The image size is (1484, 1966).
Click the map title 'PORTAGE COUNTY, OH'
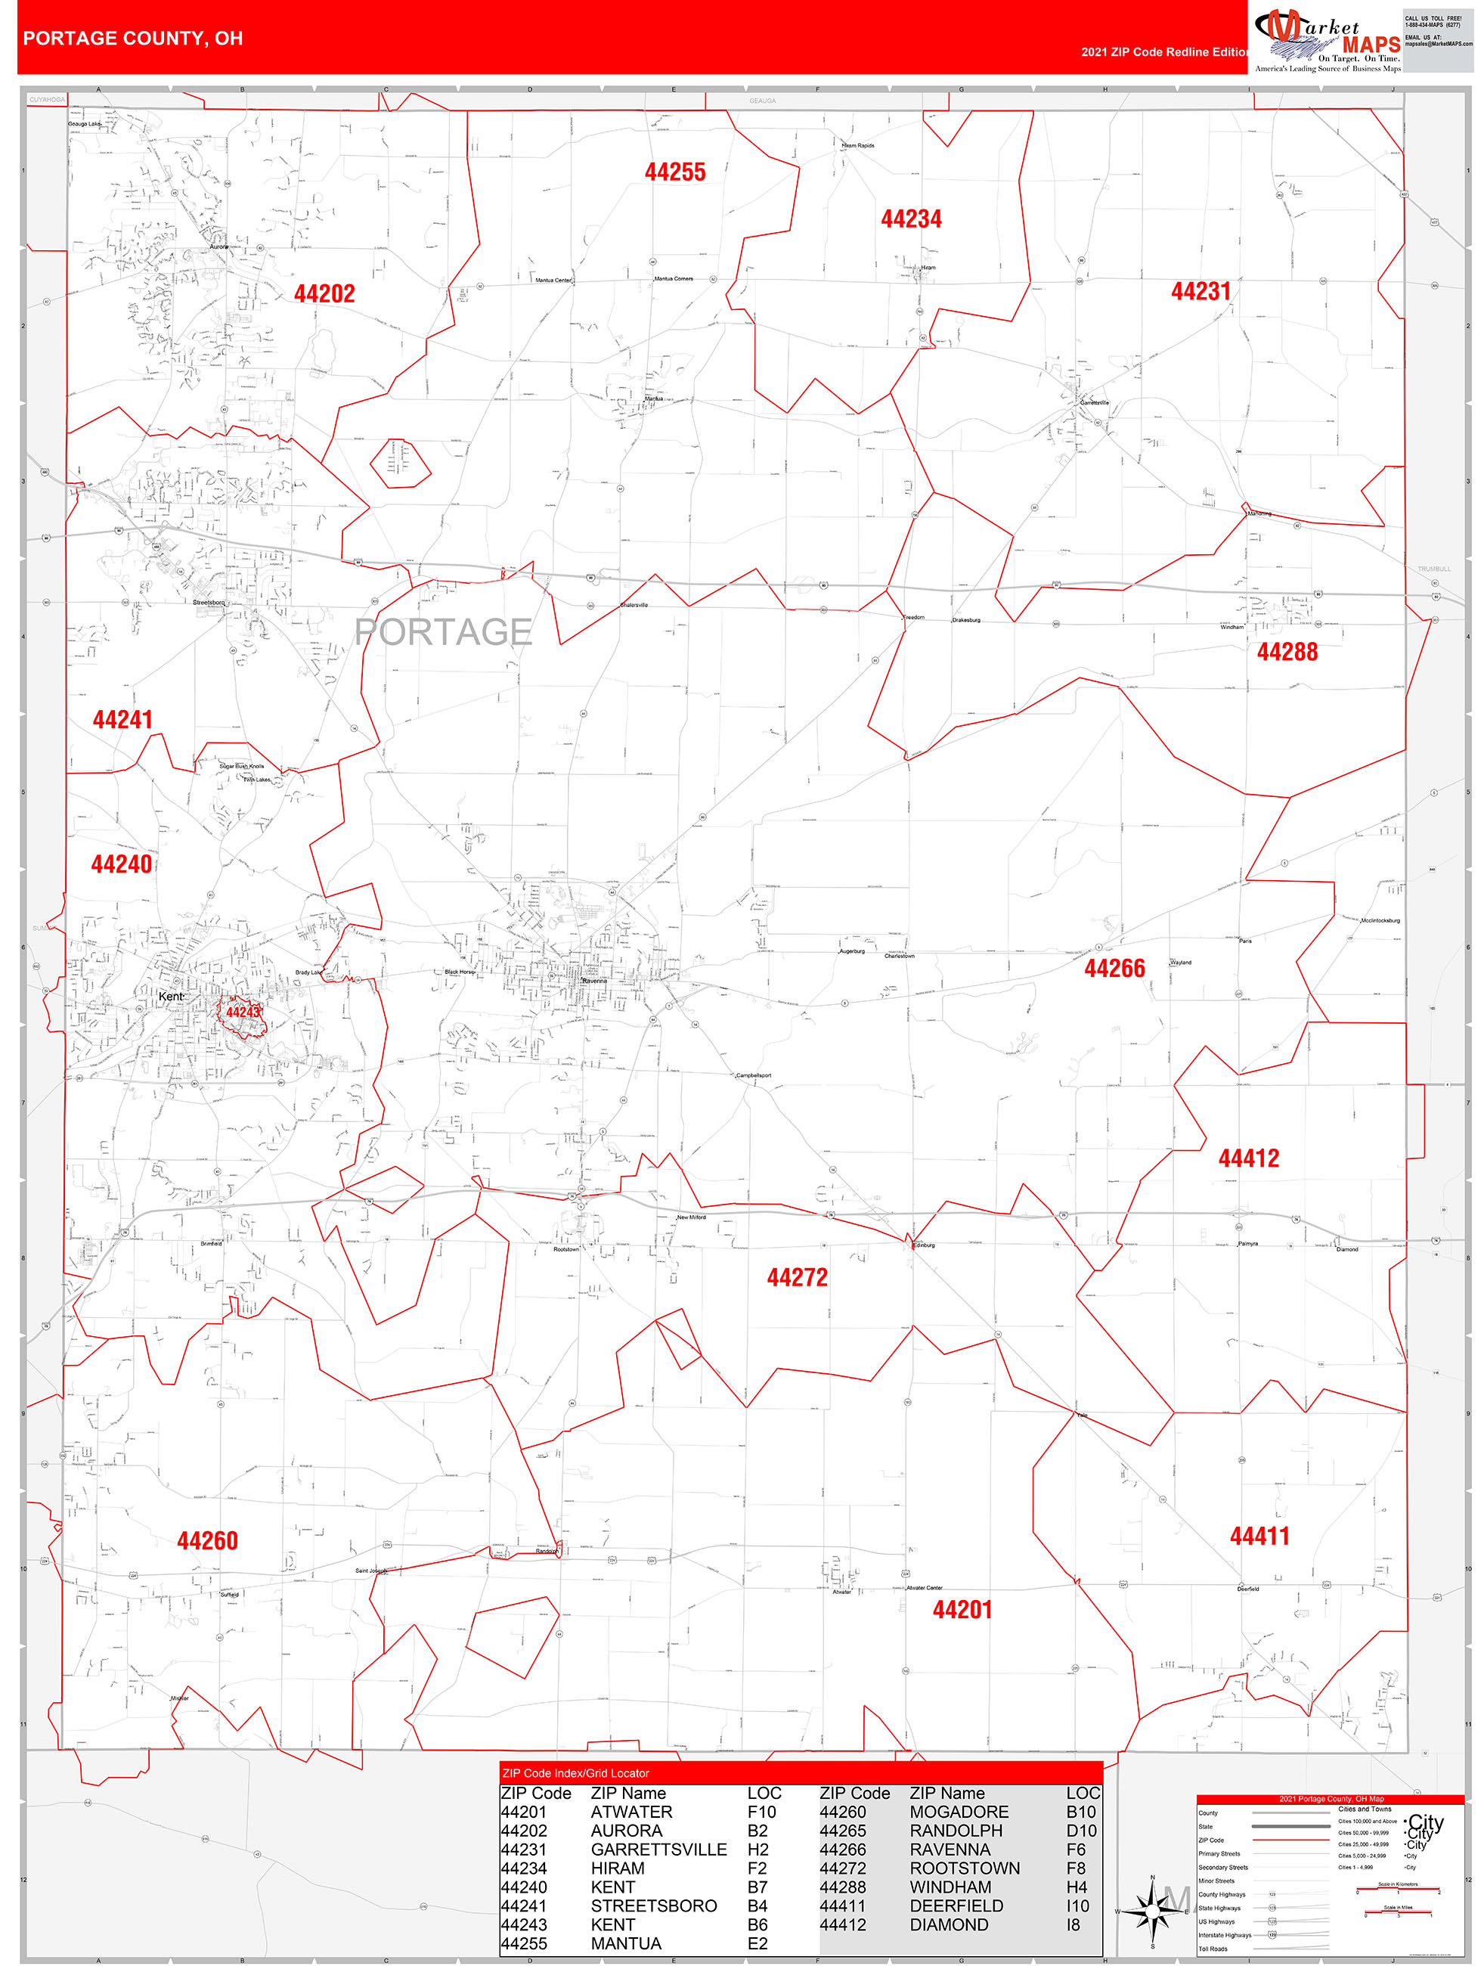[x=132, y=39]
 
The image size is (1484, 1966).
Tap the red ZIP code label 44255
[x=675, y=172]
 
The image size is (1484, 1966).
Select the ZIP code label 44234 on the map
[x=911, y=219]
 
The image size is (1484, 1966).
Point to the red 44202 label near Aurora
[x=324, y=294]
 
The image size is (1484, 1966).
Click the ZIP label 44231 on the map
[x=1201, y=292]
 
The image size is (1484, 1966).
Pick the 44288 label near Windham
[x=1287, y=653]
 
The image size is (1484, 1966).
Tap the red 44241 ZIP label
[x=122, y=720]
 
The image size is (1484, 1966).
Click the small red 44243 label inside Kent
[x=243, y=1012]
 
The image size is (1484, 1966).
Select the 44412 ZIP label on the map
[x=1249, y=1158]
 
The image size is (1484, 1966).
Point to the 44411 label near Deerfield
[x=1259, y=1536]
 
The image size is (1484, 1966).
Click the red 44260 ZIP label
[x=207, y=1541]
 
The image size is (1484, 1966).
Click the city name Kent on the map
[x=170, y=997]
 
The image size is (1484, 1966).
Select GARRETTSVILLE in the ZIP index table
[x=658, y=1850]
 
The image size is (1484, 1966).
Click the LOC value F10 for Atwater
[x=761, y=1813]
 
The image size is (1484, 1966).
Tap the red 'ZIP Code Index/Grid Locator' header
[x=576, y=1773]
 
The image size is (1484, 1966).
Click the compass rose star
[x=1153, y=1910]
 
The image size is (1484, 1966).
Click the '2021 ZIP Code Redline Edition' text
[x=1164, y=52]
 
